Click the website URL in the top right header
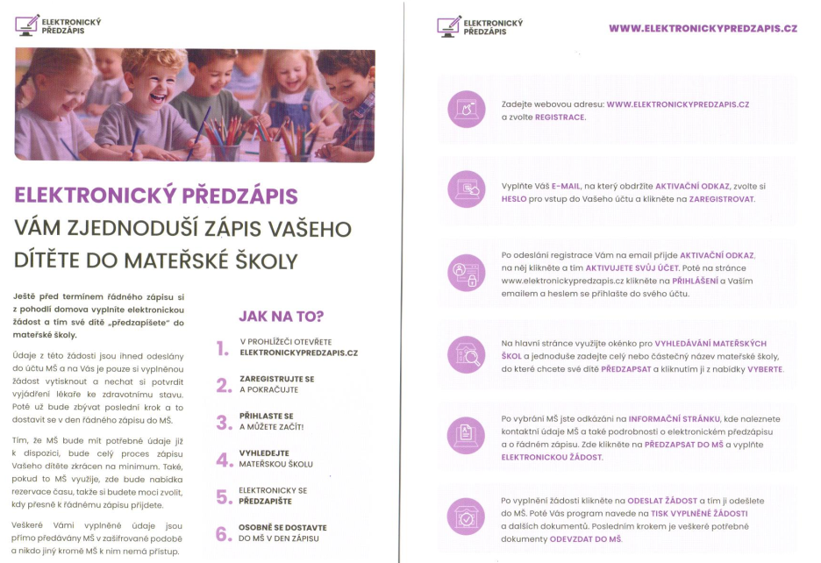tap(703, 28)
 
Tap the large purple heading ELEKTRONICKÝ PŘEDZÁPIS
tap(156, 195)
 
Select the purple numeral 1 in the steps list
tap(223, 348)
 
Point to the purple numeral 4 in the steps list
tap(223, 460)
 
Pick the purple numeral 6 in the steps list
tap(223, 534)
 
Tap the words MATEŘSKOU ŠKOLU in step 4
tap(275, 464)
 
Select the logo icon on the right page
tap(448, 25)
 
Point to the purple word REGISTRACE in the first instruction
tap(560, 117)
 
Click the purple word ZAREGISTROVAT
tap(717, 199)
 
